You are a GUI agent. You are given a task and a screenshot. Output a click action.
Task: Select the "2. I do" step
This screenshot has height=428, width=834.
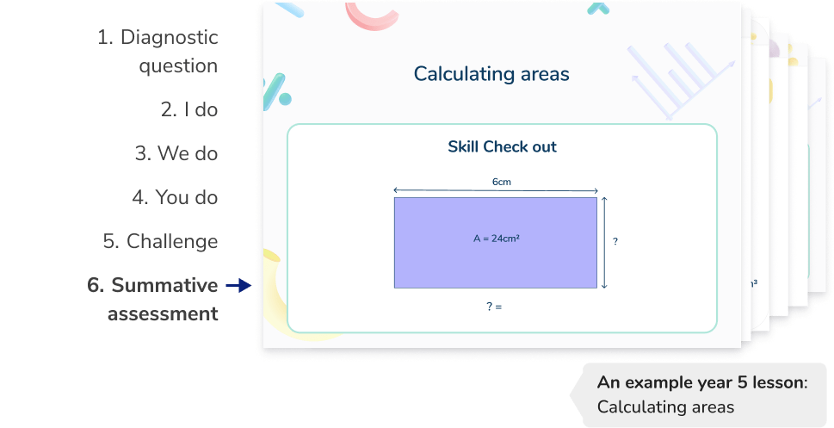pos(189,109)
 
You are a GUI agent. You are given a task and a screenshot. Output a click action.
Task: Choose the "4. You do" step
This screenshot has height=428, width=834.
pos(175,197)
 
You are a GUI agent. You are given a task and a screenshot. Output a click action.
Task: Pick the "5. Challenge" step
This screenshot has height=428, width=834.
pos(160,241)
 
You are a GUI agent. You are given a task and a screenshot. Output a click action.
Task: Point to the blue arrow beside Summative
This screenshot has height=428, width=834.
pos(237,285)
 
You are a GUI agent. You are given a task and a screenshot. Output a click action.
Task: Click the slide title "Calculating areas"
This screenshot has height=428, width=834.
pos(491,74)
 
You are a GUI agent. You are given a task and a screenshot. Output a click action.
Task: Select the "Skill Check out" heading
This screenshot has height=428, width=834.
pos(502,146)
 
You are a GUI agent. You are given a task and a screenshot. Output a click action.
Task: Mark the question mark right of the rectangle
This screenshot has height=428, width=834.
pos(615,242)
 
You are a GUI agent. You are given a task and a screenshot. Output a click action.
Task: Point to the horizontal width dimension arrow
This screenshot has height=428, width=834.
pos(495,190)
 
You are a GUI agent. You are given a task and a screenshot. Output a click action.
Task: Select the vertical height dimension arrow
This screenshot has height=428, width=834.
pos(605,242)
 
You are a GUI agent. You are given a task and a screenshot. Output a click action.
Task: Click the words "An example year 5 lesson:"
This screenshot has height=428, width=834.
pos(702,383)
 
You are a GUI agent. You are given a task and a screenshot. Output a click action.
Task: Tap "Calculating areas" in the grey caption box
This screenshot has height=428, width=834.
pos(665,406)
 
